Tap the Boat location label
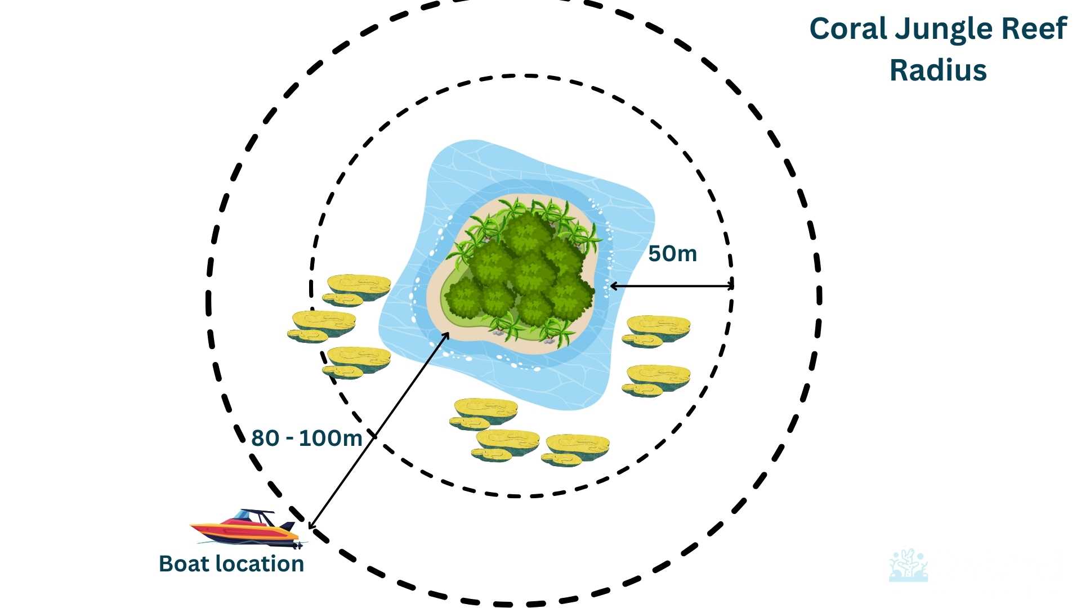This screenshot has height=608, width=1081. [231, 564]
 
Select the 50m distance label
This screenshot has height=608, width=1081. [672, 254]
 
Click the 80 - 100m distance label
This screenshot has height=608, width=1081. [306, 438]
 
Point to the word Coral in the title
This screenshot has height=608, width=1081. [848, 29]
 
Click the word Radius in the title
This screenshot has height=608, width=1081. [938, 70]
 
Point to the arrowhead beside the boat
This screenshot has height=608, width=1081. [312, 525]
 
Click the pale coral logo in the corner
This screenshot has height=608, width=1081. [908, 566]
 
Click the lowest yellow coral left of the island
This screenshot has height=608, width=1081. [357, 361]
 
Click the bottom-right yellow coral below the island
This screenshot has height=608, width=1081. [575, 449]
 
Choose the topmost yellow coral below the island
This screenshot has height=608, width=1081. [484, 413]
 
